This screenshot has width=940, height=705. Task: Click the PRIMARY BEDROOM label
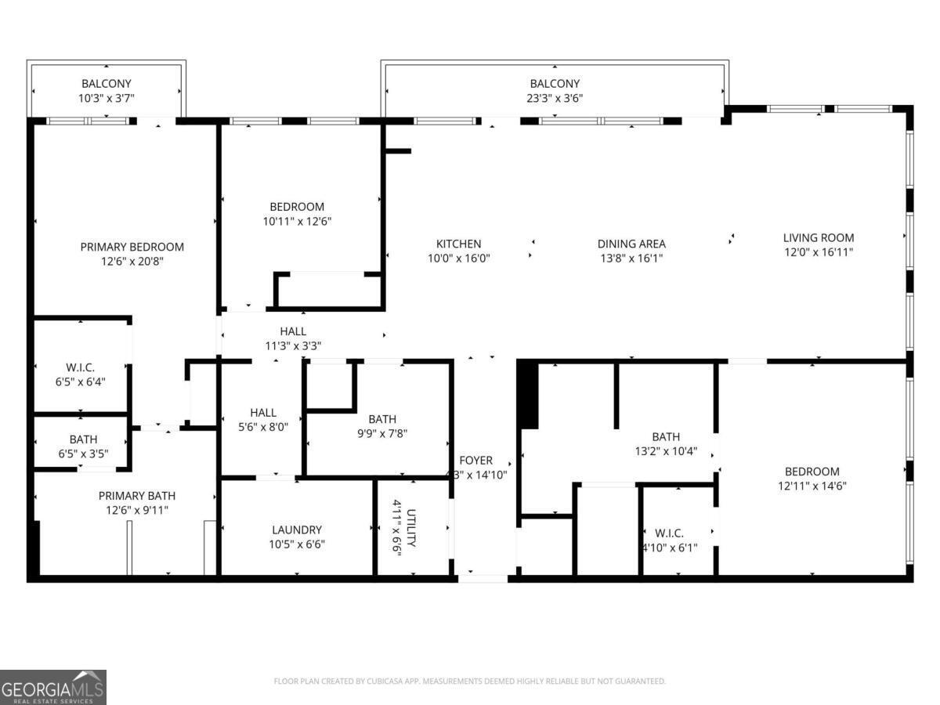(132, 247)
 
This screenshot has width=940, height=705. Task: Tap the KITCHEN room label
(458, 244)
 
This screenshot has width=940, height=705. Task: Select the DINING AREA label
(631, 244)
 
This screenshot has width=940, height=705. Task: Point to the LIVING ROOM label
(819, 237)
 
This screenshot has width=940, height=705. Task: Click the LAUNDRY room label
(297, 530)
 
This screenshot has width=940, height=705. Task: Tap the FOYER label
(475, 461)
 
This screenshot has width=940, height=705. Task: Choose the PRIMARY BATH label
(137, 495)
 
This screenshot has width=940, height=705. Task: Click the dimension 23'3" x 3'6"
(555, 98)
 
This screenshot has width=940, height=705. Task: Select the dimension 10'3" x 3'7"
(107, 98)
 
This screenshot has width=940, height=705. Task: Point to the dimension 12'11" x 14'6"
(812, 486)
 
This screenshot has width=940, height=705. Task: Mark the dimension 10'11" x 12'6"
(297, 221)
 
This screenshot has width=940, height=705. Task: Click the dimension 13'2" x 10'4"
(666, 451)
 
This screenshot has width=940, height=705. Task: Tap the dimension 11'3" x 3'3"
(293, 345)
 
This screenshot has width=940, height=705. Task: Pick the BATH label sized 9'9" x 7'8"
(382, 418)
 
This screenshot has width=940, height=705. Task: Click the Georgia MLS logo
(53, 687)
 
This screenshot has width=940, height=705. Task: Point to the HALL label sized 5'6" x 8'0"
(263, 412)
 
